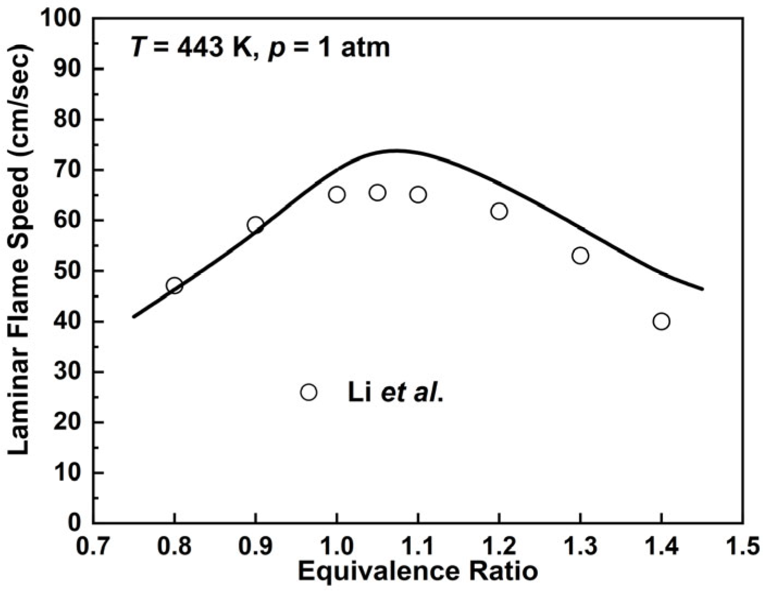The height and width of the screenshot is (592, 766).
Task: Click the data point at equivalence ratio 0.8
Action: pyautogui.click(x=174, y=286)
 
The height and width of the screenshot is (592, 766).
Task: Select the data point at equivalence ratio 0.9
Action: pyautogui.click(x=255, y=225)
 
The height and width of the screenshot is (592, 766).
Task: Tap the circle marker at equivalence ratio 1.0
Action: pyautogui.click(x=337, y=194)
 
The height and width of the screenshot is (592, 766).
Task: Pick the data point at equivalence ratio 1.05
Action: pyautogui.click(x=378, y=192)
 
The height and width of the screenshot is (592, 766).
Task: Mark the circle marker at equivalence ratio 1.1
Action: pyautogui.click(x=418, y=194)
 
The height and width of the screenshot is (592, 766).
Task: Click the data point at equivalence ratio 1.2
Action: pyautogui.click(x=499, y=211)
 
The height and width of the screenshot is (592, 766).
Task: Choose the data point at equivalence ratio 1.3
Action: pyautogui.click(x=580, y=255)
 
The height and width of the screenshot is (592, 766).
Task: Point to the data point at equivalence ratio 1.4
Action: pyautogui.click(x=661, y=322)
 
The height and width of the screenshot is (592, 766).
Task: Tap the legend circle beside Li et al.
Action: pyautogui.click(x=308, y=392)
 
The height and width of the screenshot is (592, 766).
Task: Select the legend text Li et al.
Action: pyautogui.click(x=395, y=393)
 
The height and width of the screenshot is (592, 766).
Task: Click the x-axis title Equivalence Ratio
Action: pyautogui.click(x=418, y=572)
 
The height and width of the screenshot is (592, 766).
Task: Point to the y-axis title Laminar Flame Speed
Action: pyautogui.click(x=19, y=250)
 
